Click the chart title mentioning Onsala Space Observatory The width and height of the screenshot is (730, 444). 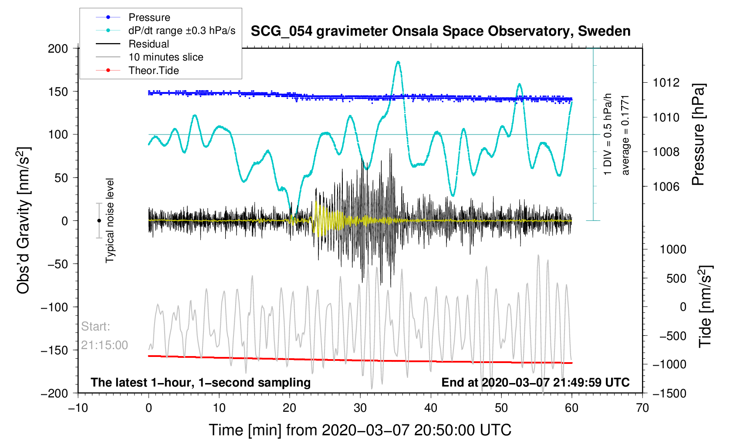[x=441, y=31]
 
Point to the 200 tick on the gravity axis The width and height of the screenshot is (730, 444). [x=57, y=49]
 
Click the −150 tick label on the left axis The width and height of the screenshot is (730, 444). [x=54, y=350]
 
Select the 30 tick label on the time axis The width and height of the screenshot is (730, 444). [x=360, y=407]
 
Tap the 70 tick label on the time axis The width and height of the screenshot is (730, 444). [x=642, y=407]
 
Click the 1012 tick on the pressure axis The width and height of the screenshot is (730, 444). [x=666, y=83]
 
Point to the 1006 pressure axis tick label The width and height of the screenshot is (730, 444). [x=666, y=187]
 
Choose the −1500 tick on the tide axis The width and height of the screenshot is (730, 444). [x=669, y=394]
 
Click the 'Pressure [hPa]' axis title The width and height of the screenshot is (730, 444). [x=699, y=135]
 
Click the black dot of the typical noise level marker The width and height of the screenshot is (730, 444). [x=99, y=221]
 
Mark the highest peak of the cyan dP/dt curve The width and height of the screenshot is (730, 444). [x=398, y=61]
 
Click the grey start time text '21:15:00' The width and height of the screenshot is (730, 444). [x=104, y=345]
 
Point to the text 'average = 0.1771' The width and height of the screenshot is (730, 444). [x=625, y=135]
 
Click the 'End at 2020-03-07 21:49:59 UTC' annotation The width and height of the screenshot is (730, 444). [x=535, y=383]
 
